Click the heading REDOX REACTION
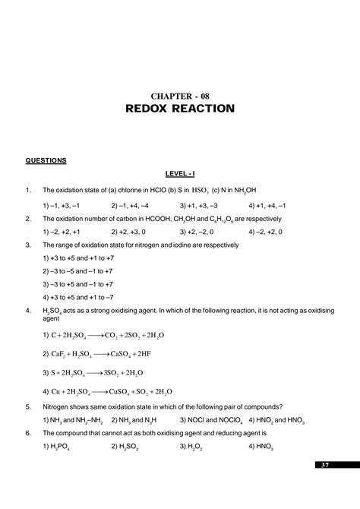(x=180, y=109)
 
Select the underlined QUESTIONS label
(x=46, y=160)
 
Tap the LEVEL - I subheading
(x=180, y=175)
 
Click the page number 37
(x=325, y=464)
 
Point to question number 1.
(x=27, y=191)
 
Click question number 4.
(x=27, y=311)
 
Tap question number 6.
(x=27, y=432)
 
